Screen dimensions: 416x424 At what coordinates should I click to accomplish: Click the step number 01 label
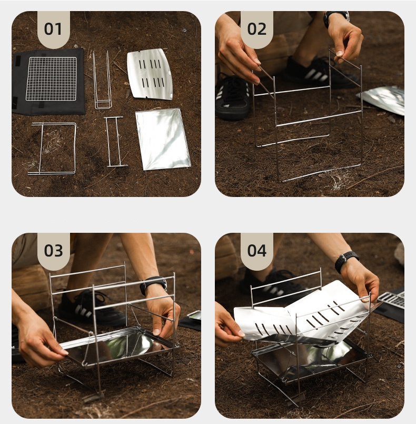point(53,29)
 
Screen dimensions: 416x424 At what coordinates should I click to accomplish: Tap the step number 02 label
point(256,29)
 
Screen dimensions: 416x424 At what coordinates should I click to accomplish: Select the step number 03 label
point(53,251)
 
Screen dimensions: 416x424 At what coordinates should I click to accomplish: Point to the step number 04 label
point(256,251)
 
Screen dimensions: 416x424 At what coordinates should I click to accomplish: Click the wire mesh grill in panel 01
point(52,78)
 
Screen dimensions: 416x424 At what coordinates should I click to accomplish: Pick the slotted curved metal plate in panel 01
point(150,74)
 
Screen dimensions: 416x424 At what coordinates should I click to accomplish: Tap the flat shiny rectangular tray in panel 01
point(163,139)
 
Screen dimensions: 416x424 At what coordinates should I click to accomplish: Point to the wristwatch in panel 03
point(153,285)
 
